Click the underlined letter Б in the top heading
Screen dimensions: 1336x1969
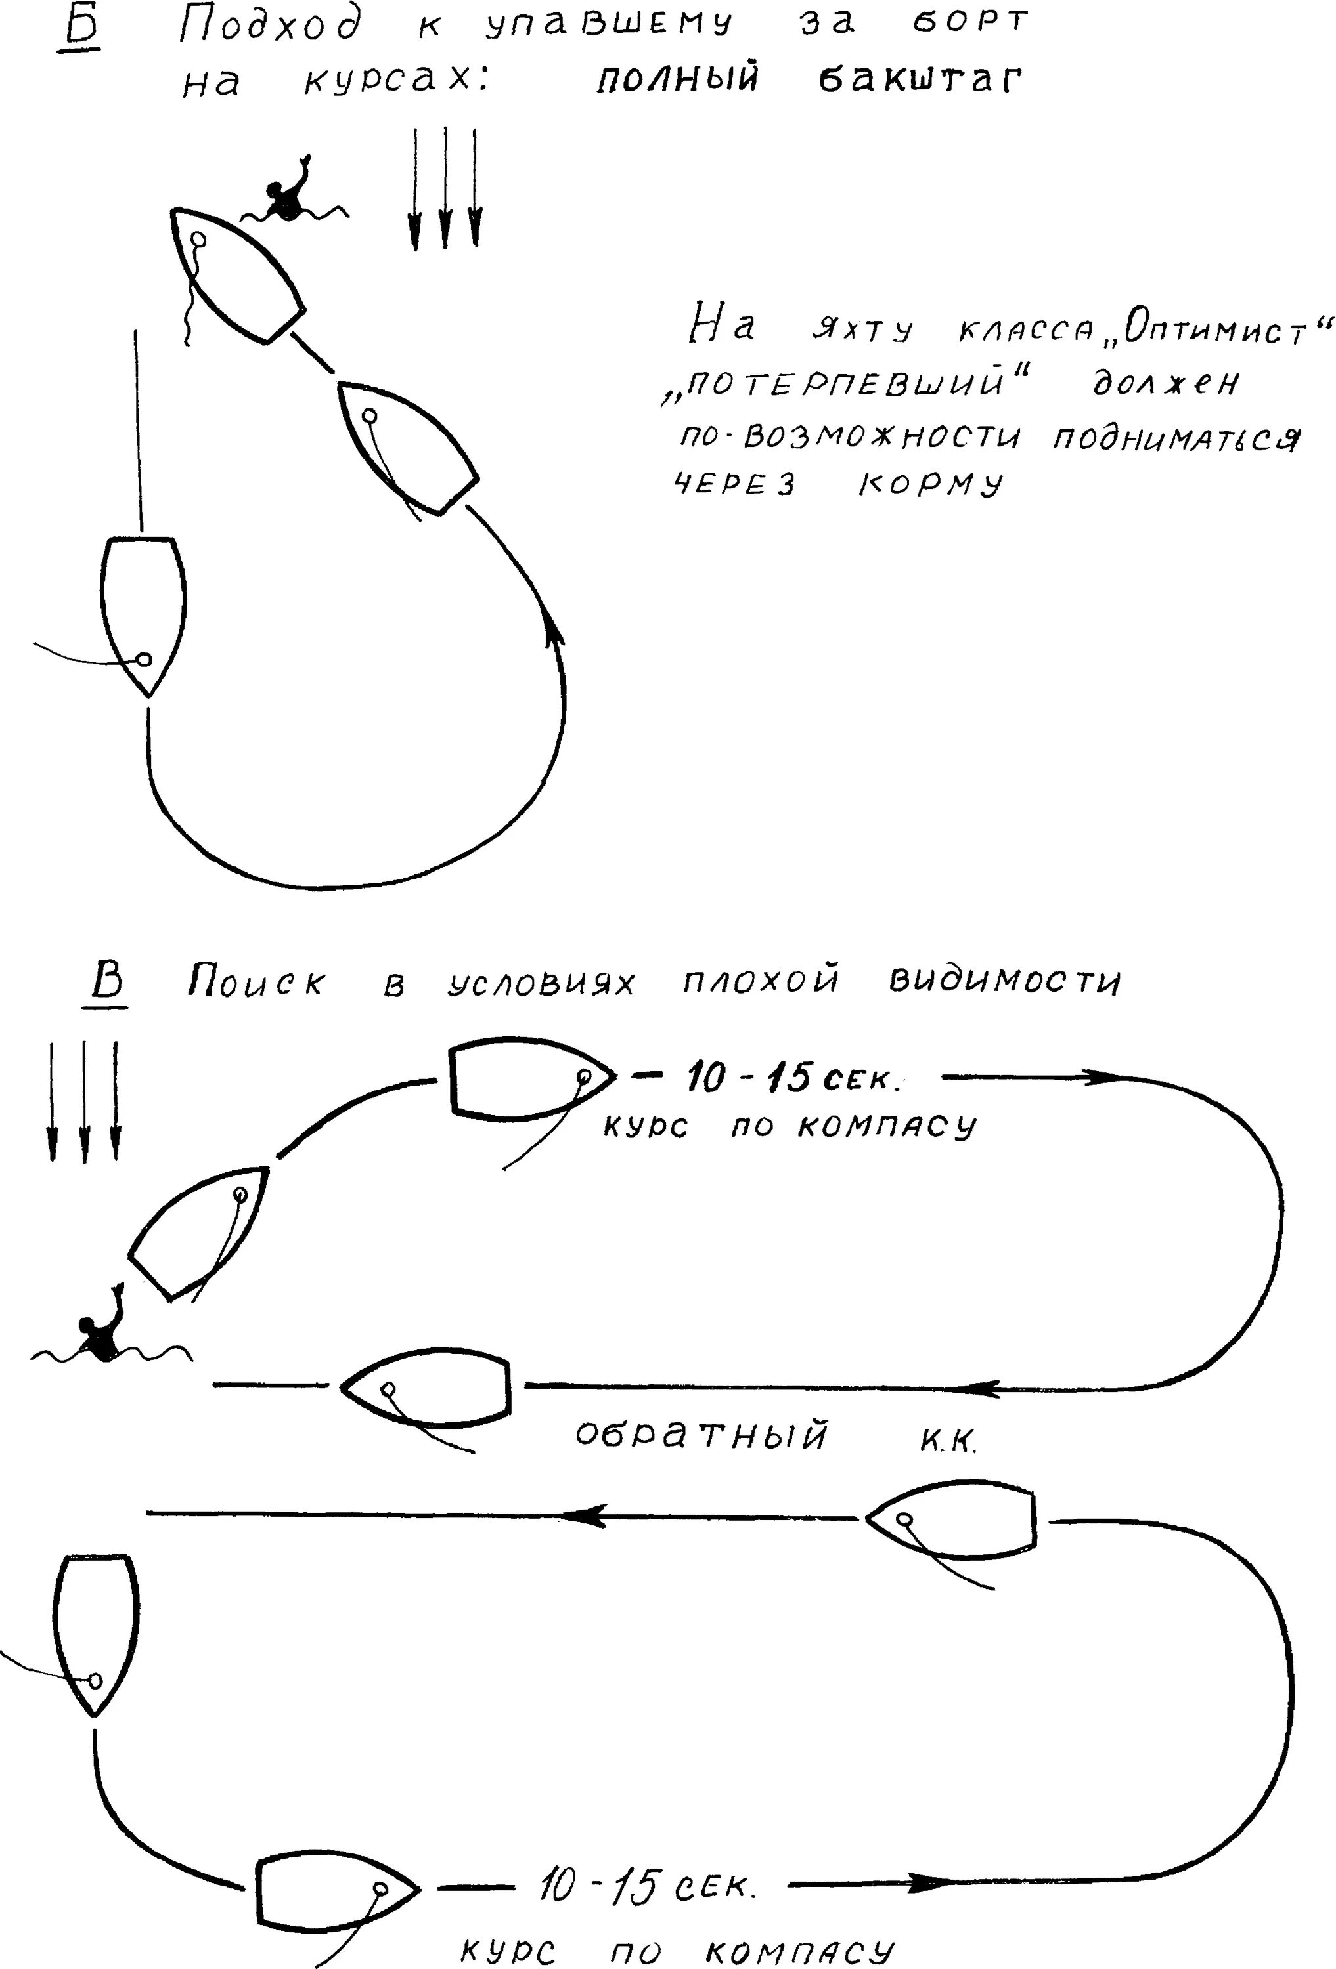coord(82,28)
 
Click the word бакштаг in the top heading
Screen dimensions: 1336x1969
coord(920,79)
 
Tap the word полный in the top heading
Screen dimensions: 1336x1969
coord(677,79)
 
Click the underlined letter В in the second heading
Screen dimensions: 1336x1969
coord(107,982)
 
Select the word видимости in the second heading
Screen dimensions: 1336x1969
coord(1004,981)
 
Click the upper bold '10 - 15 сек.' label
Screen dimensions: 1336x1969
coord(793,1078)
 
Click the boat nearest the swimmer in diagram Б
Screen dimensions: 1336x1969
coord(236,274)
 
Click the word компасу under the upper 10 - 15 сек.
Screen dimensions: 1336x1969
coord(887,1126)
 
